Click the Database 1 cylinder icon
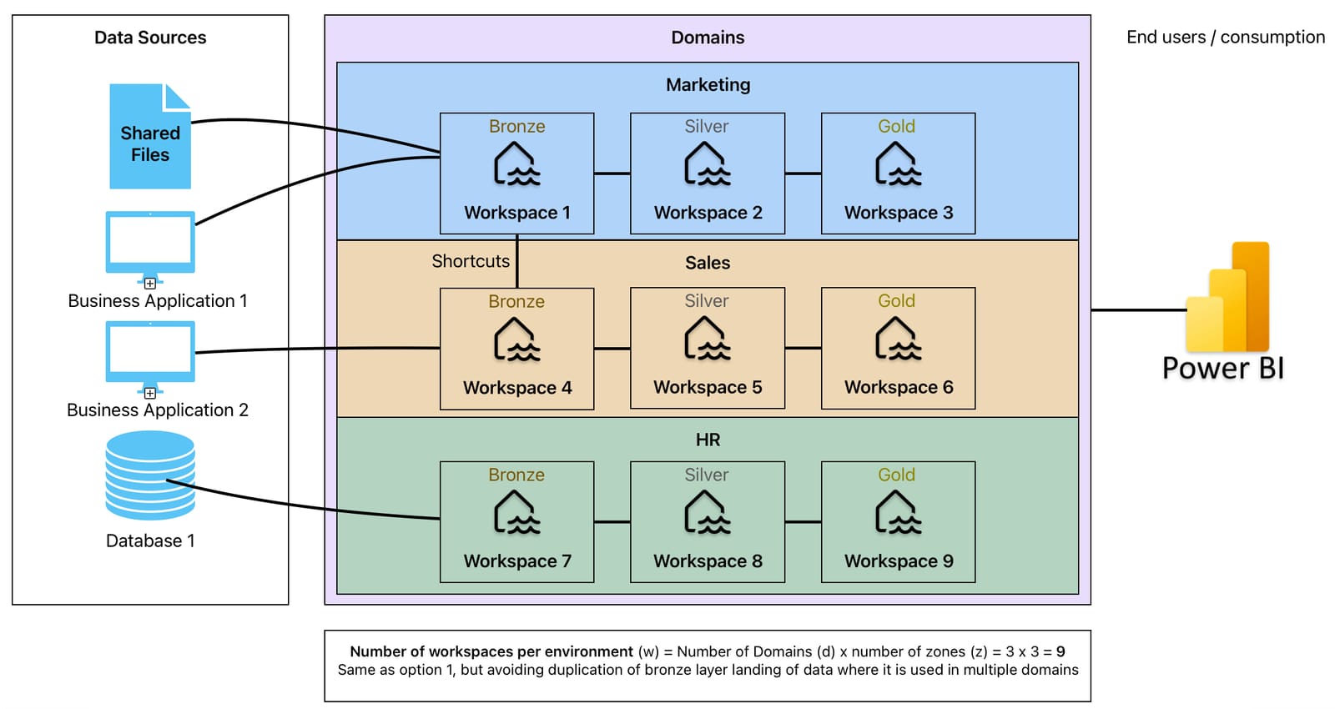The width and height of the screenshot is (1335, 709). click(x=150, y=475)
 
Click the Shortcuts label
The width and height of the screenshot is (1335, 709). click(x=471, y=261)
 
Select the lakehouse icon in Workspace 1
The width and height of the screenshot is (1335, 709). click(x=516, y=164)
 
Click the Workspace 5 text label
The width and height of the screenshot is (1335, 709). click(x=708, y=387)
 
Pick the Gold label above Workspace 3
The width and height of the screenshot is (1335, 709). click(x=896, y=126)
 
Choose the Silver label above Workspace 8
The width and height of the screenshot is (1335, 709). click(x=706, y=475)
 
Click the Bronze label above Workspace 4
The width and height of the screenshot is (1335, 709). click(x=516, y=301)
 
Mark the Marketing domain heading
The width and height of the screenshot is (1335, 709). click(x=708, y=85)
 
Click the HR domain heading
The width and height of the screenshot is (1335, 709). click(x=708, y=440)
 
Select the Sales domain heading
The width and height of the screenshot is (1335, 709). click(x=708, y=263)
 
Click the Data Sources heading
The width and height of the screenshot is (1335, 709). click(x=150, y=38)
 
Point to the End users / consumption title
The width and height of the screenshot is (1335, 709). click(x=1225, y=38)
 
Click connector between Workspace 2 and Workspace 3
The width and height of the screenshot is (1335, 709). click(x=803, y=173)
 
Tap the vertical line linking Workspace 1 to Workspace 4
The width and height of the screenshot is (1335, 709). click(x=517, y=260)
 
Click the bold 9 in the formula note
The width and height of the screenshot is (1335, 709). click(x=1060, y=651)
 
